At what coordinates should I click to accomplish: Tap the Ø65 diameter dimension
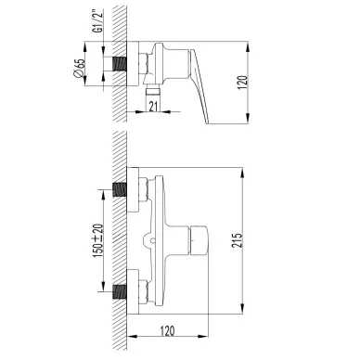pos(79,68)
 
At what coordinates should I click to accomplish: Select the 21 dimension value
pos(153,106)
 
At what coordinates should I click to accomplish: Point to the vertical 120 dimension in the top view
pos(243,83)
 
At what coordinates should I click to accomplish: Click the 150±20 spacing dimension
pos(98,240)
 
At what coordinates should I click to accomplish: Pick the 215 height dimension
pos(238,240)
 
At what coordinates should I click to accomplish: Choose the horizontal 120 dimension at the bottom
pos(167,331)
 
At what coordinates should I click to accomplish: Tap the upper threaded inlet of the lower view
pos(120,189)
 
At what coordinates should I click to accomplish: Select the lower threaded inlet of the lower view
pos(120,291)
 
